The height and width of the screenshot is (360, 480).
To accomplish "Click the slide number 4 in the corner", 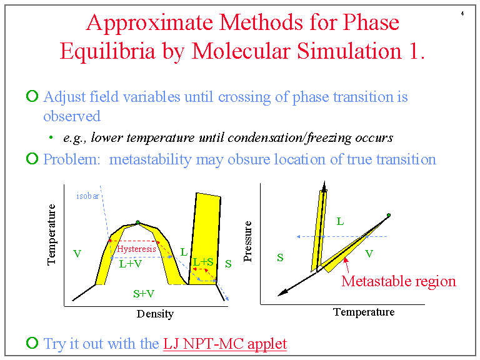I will [462, 14].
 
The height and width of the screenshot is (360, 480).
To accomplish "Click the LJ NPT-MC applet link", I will [224, 344].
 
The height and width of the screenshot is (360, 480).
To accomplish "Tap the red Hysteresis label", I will [136, 249].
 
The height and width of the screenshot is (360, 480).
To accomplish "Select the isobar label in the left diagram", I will [87, 196].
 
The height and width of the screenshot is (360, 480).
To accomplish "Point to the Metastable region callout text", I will [399, 281].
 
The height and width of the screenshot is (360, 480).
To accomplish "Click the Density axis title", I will [155, 314].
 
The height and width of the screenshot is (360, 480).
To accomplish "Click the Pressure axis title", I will [248, 241].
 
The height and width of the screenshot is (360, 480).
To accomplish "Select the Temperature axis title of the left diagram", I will [52, 234].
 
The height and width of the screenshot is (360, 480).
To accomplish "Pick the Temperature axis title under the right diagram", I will [364, 312].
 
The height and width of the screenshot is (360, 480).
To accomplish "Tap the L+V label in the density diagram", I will [131, 264].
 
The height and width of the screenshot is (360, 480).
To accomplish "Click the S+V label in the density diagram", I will [144, 292].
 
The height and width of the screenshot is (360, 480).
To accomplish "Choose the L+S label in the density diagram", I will [203, 262].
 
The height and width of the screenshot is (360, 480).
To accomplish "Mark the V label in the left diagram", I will [77, 254].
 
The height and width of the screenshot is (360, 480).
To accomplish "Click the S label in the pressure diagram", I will [280, 257].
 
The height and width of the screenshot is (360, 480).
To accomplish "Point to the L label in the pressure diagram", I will [340, 221].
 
